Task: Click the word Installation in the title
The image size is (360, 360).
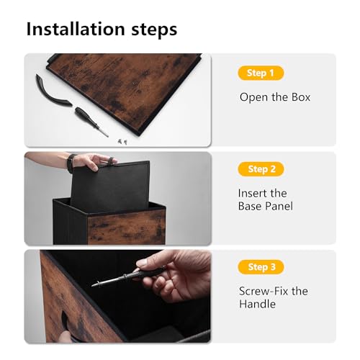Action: [76, 29]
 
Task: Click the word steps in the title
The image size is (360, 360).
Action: [154, 30]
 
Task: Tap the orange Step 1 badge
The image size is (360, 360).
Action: [261, 73]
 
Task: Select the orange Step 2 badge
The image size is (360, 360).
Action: [261, 169]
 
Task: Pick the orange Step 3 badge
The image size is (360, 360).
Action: [261, 267]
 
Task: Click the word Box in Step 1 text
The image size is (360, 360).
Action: [301, 97]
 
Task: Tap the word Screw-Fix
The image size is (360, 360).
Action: [264, 291]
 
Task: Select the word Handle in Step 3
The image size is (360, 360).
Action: [257, 304]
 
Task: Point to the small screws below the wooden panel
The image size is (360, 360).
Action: [122, 142]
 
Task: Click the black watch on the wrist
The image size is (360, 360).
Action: [71, 163]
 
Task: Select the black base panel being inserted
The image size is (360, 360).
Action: [110, 186]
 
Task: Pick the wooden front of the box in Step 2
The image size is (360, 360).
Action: [127, 227]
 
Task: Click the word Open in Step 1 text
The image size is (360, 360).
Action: [253, 98]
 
